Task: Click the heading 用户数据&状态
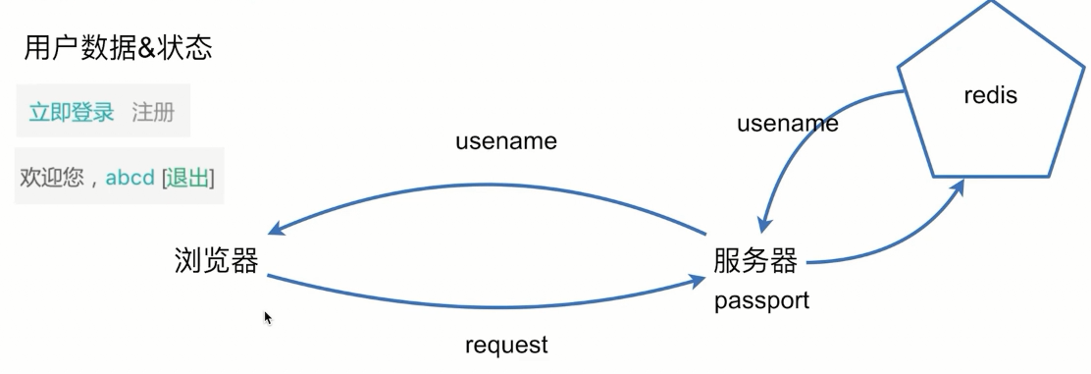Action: click(118, 48)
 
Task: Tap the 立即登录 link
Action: click(72, 112)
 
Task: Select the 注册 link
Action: click(153, 112)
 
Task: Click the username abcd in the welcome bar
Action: click(130, 178)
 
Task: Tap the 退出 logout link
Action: click(188, 178)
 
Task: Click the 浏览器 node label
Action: click(216, 260)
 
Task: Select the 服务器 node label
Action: click(755, 260)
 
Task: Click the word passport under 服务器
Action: click(761, 300)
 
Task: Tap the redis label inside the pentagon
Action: click(990, 95)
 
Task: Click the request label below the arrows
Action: click(506, 345)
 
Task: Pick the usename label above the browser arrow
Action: click(505, 141)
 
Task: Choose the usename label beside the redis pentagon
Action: click(788, 124)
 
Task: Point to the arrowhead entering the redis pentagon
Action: click(960, 186)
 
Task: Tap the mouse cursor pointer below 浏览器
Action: click(268, 318)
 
